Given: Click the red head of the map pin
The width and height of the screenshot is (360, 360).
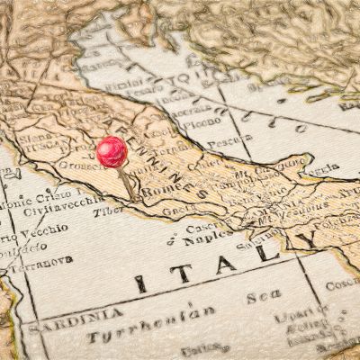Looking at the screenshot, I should (112, 150).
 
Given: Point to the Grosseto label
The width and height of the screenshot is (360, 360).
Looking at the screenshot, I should (82, 166).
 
